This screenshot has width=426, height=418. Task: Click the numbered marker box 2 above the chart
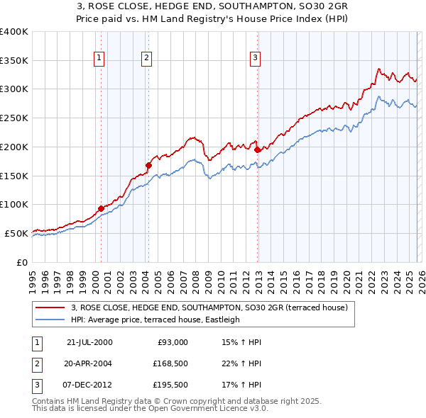[x=146, y=58]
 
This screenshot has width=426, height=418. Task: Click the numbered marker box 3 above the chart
[x=255, y=58]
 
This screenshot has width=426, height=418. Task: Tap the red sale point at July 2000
[x=101, y=208]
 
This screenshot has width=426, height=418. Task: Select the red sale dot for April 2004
[x=148, y=165]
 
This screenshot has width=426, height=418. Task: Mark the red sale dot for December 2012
[x=257, y=149]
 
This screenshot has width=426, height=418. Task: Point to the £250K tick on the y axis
[x=14, y=118]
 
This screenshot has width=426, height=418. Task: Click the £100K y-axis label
[x=14, y=204]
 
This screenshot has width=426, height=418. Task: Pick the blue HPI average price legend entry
[x=155, y=320]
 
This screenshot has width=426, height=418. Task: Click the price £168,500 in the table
[x=171, y=364]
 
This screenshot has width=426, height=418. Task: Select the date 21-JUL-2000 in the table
[x=89, y=341]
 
